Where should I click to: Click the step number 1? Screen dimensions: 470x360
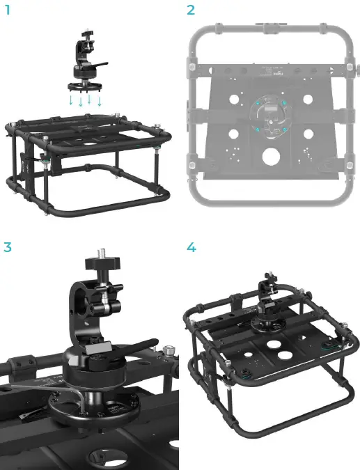tap(7, 10)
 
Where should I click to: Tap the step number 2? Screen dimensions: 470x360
tap(191, 10)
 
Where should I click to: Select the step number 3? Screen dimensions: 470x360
tap(7, 246)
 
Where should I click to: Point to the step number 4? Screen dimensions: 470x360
tap(191, 246)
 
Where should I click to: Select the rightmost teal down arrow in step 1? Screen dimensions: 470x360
tap(100, 101)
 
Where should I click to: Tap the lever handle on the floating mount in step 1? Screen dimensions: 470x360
tap(101, 64)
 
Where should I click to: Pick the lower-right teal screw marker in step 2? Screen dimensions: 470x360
tap(283, 130)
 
